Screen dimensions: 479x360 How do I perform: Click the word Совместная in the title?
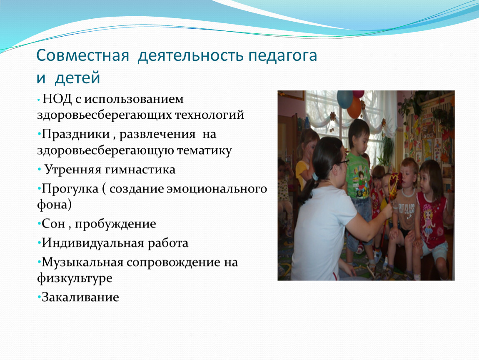[x=82, y=55]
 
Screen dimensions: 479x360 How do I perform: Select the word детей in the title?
[x=77, y=78]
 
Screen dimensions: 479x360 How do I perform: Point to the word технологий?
[x=210, y=115]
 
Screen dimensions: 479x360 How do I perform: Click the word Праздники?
[x=76, y=134]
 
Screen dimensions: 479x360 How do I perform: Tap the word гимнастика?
[x=140, y=170]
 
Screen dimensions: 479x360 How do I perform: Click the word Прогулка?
[x=70, y=189]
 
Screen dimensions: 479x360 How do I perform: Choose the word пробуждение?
[x=115, y=224]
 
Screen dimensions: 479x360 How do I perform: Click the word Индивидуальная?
[x=93, y=243]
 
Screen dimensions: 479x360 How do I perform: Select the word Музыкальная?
[x=82, y=262]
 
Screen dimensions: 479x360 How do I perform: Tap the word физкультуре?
[x=75, y=278]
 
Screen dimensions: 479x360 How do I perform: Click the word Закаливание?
[x=80, y=297]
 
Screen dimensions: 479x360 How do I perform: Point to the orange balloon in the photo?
[x=354, y=108]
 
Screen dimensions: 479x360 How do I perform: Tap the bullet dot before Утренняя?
[x=40, y=169]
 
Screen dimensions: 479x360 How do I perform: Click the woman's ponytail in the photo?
[x=307, y=190]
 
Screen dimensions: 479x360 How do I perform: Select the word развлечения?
[x=157, y=135]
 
